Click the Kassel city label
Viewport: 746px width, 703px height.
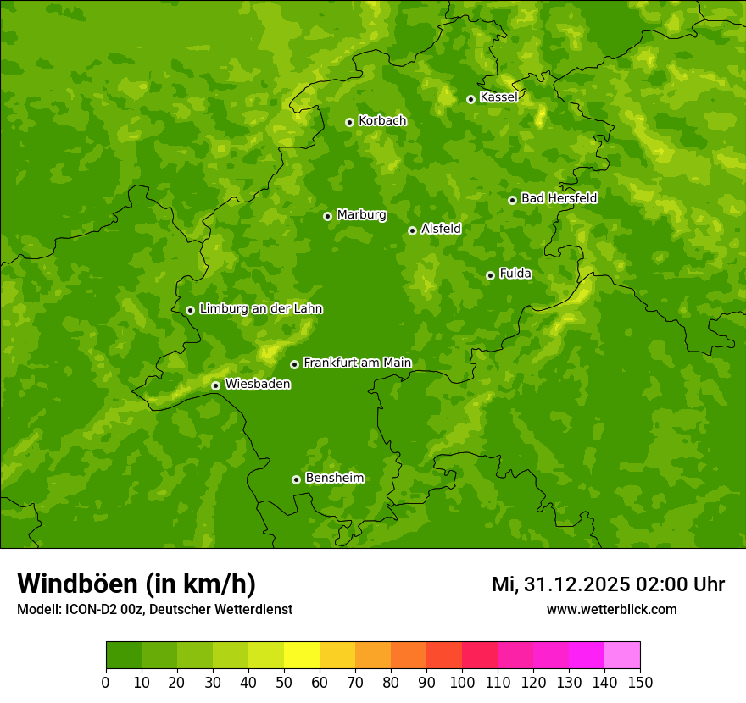(498, 97)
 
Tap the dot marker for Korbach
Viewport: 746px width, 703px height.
(349, 122)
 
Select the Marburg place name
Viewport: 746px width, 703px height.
(361, 215)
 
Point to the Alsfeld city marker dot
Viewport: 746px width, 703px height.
(412, 230)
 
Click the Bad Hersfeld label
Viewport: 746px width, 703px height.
(559, 198)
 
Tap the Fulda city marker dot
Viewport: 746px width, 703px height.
(490, 275)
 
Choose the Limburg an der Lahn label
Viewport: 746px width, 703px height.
(260, 309)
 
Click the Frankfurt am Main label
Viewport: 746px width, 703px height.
(357, 363)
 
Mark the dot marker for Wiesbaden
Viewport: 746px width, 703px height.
(215, 385)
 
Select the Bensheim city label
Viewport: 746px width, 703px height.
(334, 479)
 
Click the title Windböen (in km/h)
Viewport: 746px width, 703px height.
(136, 584)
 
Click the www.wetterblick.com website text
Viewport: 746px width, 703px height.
(611, 609)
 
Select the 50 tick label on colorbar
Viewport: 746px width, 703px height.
(284, 682)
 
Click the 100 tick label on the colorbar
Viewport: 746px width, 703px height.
(462, 682)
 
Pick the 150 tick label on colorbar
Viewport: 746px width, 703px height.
(640, 682)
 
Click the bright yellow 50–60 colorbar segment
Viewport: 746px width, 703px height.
(302, 656)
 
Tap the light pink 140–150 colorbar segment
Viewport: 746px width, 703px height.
(622, 656)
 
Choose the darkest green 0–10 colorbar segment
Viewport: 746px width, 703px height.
(124, 656)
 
